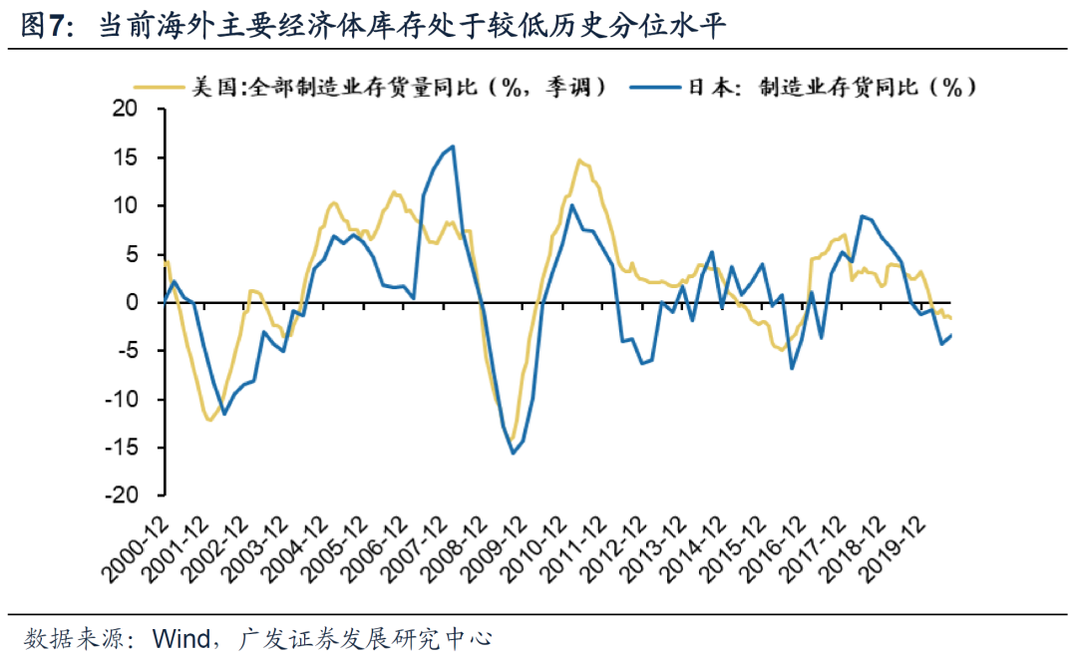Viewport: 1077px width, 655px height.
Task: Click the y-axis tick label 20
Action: [127, 109]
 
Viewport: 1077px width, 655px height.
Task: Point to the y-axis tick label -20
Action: [123, 495]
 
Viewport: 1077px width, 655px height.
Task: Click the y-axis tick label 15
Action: [127, 158]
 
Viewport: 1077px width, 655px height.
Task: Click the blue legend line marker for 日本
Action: [653, 87]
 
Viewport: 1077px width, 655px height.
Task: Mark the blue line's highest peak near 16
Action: [454, 147]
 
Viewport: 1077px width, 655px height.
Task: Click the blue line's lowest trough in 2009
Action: [513, 454]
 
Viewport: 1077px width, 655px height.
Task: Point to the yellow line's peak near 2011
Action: [579, 160]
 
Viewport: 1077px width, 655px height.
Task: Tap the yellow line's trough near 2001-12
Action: [209, 420]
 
